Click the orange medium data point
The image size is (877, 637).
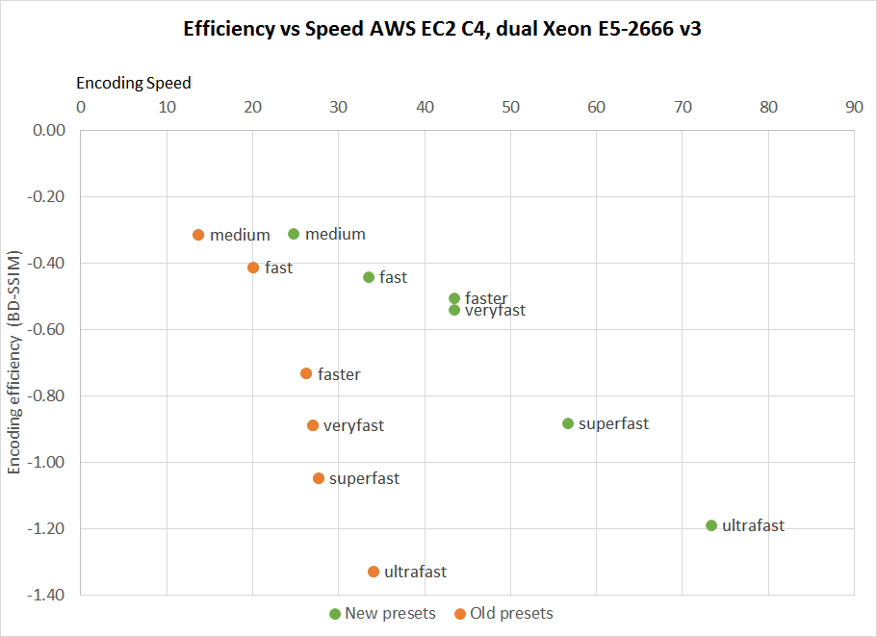(198, 235)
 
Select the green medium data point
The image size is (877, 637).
(294, 234)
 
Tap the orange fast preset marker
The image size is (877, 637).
(253, 268)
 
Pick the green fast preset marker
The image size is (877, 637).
(369, 277)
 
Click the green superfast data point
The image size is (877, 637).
(568, 423)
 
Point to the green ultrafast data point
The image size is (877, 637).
(711, 525)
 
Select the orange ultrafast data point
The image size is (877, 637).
(374, 572)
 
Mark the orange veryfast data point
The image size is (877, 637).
(313, 425)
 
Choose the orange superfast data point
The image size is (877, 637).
(319, 478)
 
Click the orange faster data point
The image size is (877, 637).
(306, 373)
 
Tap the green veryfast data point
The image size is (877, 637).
(454, 310)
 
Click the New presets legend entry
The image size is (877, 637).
(382, 614)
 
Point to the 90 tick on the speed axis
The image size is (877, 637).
(854, 107)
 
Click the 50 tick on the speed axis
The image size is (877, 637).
(510, 107)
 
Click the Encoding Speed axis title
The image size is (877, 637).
(134, 83)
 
